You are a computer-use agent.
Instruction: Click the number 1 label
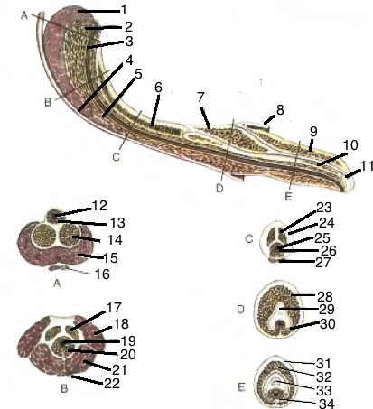[x=124, y=11]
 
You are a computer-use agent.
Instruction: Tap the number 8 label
[x=280, y=110]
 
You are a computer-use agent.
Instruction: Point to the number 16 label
[x=102, y=274]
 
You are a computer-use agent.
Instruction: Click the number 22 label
[x=112, y=383]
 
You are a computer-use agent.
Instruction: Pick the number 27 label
[x=323, y=263]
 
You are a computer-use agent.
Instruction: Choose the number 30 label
[x=328, y=324]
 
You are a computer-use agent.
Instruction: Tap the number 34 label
[x=327, y=404]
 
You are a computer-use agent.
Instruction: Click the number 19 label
[x=128, y=340]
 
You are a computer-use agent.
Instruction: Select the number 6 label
[x=158, y=88]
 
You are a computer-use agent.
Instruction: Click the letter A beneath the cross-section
[x=57, y=284]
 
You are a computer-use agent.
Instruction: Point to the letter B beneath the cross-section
[x=64, y=388]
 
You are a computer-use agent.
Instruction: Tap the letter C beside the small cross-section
[x=249, y=239]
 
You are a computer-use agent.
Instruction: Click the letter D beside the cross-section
[x=240, y=310]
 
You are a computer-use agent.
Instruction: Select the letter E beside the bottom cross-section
[x=241, y=387]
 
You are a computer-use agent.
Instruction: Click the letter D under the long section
[x=219, y=189]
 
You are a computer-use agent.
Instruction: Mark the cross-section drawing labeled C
[x=275, y=241]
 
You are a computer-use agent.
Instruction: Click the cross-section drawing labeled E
[x=276, y=381]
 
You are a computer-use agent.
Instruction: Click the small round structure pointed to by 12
[x=51, y=216]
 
